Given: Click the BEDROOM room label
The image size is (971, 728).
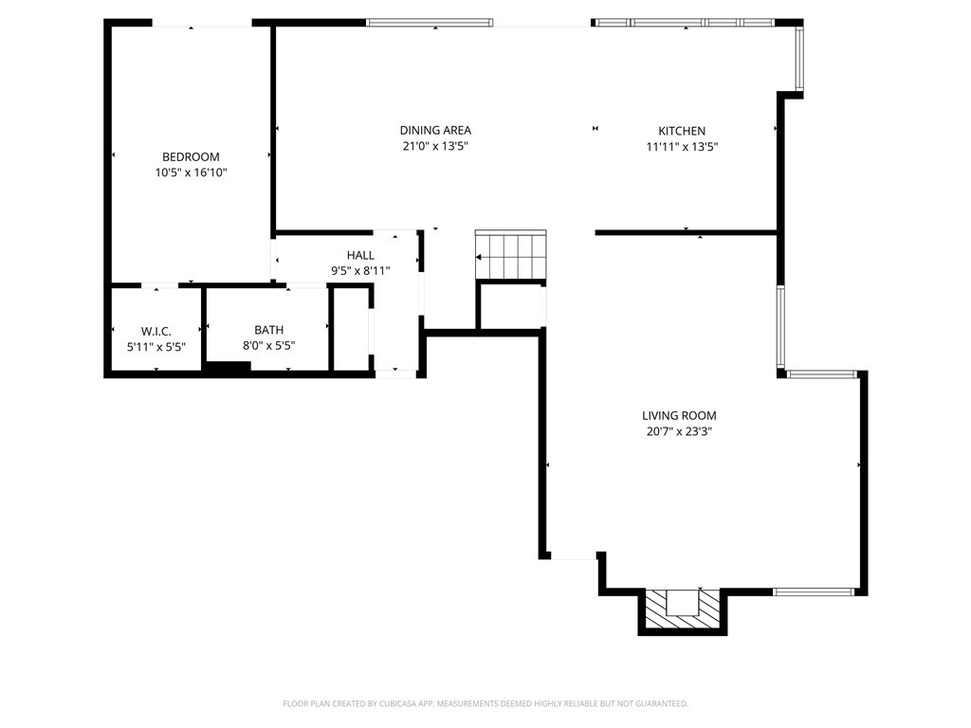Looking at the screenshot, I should point(191,157).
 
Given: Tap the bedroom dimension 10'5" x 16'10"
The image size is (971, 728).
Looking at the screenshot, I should point(191,173).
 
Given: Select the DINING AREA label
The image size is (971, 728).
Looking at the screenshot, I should point(435,131).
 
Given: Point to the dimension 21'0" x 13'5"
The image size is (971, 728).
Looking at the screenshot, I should point(435,146).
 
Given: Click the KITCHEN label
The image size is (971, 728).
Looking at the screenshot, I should point(682,131).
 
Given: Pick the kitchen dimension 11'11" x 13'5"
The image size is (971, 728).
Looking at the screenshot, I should point(682,146).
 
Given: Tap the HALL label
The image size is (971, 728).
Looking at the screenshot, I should point(360,255).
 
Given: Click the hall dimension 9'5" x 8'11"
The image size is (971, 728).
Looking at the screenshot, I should point(360,270).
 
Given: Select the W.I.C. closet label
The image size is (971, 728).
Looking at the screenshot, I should point(156,331).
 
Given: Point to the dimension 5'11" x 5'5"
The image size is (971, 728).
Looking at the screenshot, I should point(156,346).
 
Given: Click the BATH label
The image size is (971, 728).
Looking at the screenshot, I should point(268,331).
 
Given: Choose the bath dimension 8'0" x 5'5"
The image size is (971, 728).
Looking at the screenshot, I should point(268,346).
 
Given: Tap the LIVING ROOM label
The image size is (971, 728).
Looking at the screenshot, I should point(679,415).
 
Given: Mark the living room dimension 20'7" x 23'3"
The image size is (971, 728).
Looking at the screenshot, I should point(679,431).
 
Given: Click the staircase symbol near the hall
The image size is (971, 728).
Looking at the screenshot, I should point(510,255).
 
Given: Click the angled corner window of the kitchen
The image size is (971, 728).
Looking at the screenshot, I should point(799,59).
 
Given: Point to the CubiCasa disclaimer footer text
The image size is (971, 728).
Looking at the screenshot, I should point(485,703).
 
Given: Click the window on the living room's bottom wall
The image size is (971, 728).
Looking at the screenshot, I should point(814,592).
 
